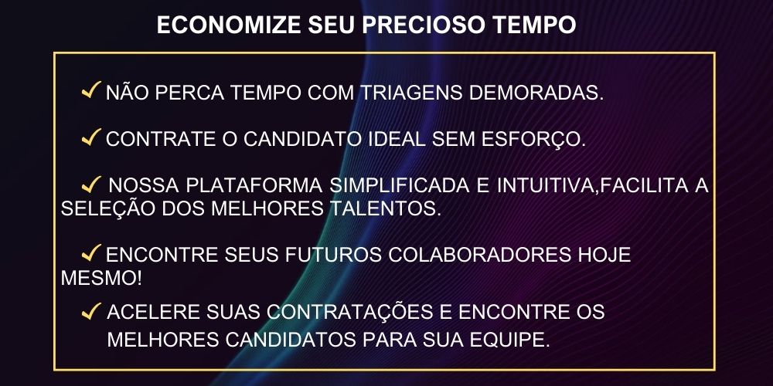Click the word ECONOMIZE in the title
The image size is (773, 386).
[x=229, y=25]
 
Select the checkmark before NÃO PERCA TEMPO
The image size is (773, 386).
[x=92, y=90]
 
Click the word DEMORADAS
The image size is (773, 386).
[x=536, y=93]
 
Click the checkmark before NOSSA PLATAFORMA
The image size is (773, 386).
[x=92, y=185]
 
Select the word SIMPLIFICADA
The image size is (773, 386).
[x=400, y=185]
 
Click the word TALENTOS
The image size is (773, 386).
[x=383, y=208]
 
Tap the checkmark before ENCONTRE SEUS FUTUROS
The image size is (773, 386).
[x=92, y=252]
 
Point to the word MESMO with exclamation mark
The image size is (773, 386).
[x=101, y=278]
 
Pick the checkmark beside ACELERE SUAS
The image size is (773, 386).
[x=92, y=311]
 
